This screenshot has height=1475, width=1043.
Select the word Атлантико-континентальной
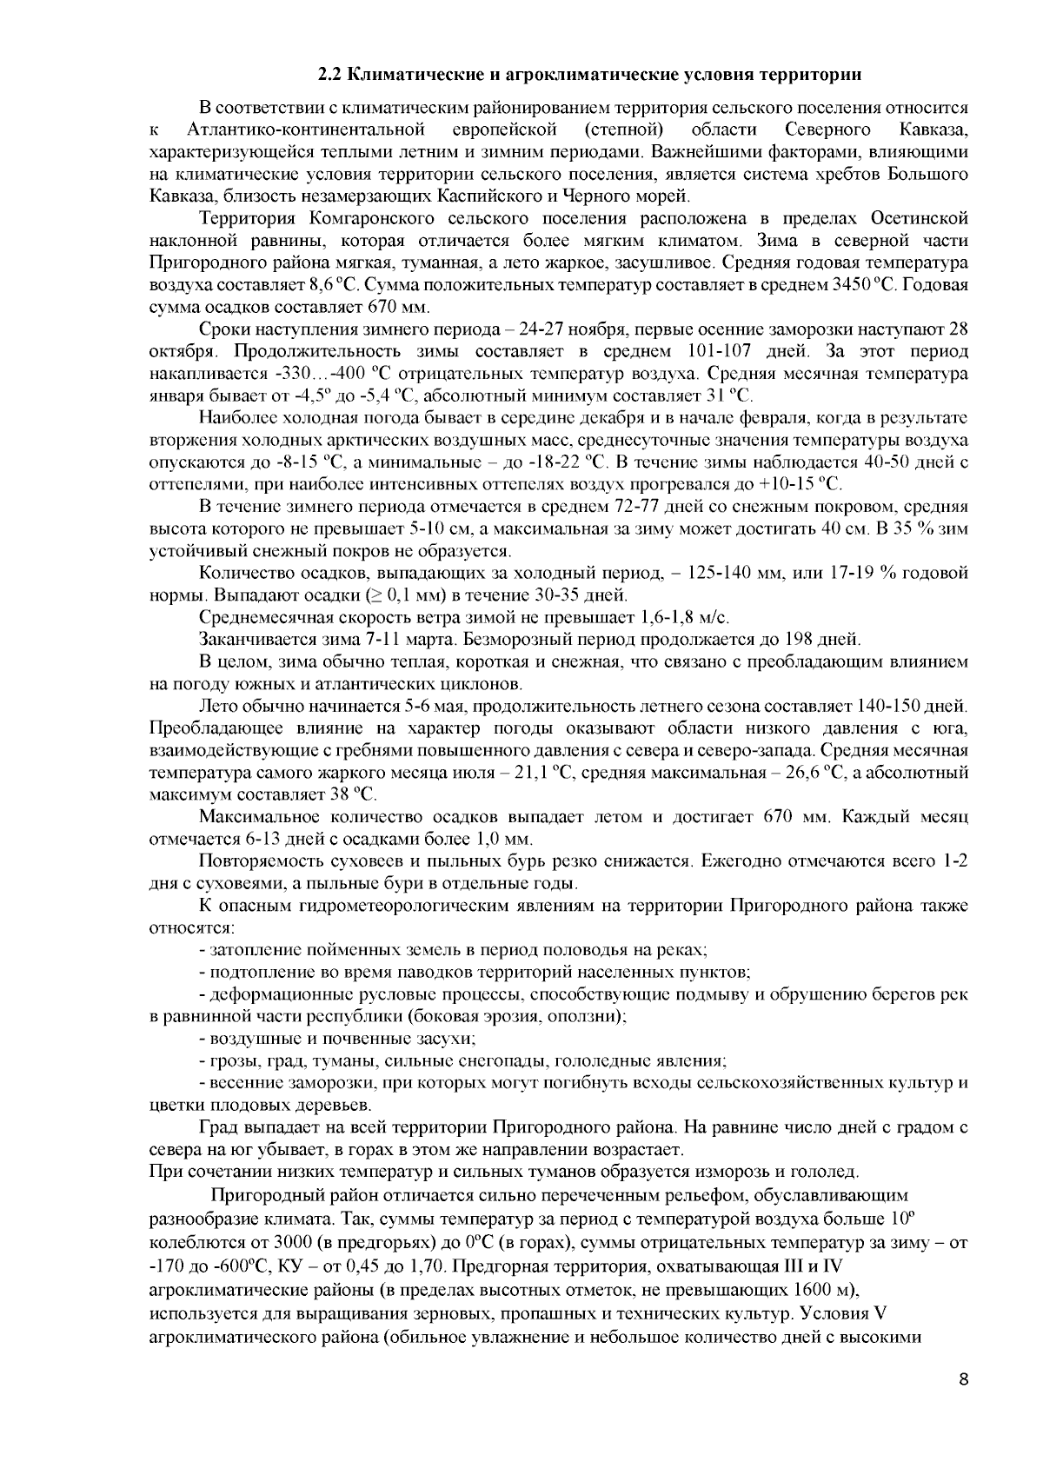(306, 130)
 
